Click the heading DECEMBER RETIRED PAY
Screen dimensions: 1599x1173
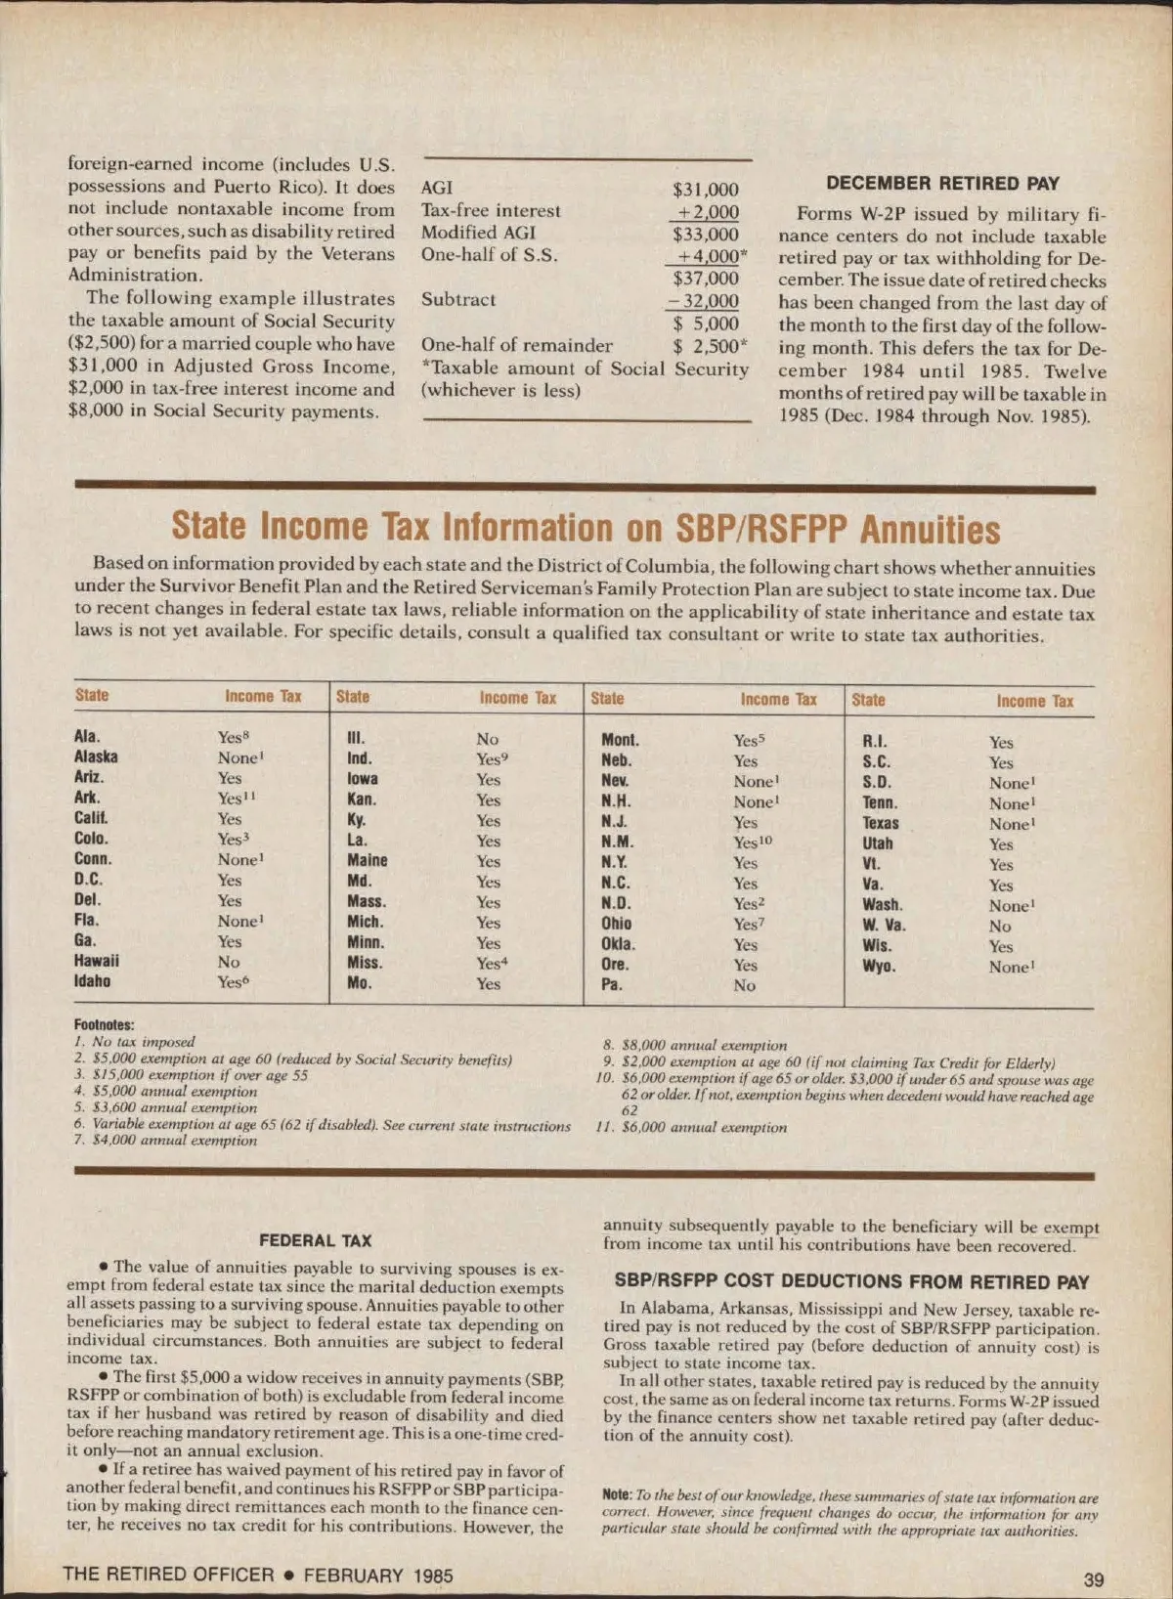tap(942, 184)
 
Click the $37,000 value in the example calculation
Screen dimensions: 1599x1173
tap(705, 279)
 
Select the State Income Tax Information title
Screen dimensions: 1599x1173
tap(586, 528)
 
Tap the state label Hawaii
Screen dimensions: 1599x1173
tap(96, 961)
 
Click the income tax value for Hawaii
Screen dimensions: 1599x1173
tap(229, 962)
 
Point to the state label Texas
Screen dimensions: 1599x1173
tap(880, 823)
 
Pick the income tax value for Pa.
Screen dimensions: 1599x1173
tap(744, 985)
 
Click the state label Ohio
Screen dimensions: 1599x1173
tap(616, 924)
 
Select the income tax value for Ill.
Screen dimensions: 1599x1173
tap(487, 739)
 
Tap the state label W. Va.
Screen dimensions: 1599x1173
tap(884, 925)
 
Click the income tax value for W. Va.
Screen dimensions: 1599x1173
tap(1000, 926)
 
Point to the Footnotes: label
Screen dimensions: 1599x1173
tap(104, 1024)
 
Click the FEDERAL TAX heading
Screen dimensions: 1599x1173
tap(315, 1240)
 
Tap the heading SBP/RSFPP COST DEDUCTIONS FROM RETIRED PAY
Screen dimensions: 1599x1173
tap(851, 1281)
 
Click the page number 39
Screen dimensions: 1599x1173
tap(1094, 1579)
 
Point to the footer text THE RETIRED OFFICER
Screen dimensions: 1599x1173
tap(168, 1575)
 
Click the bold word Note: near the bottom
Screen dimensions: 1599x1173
tap(617, 1495)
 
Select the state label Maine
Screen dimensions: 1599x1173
tap(367, 860)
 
